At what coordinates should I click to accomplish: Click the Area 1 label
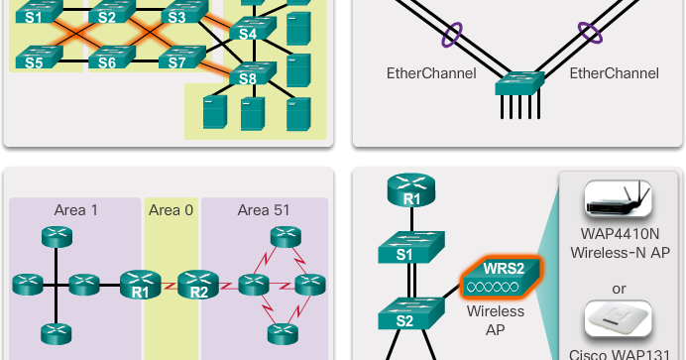point(75,210)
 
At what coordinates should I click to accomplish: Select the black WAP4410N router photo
point(623,202)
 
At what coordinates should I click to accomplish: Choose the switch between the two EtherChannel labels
point(521,84)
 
